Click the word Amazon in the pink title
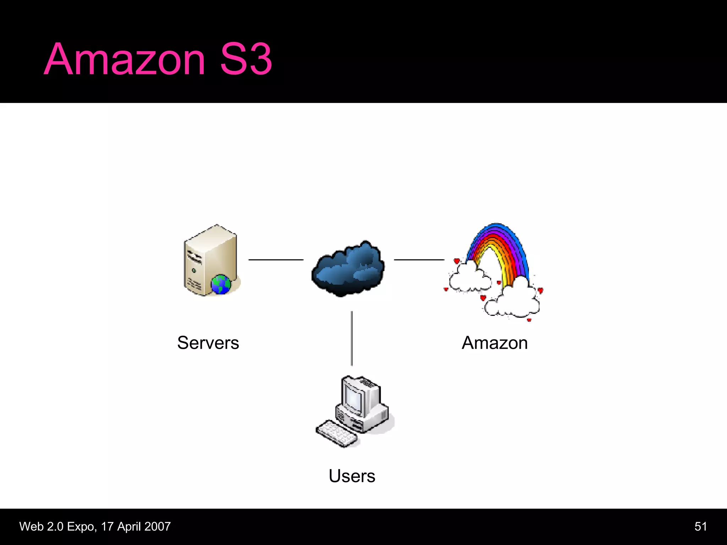[x=124, y=60]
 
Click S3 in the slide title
[x=246, y=60]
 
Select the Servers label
[x=208, y=343]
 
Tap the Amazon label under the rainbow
[x=494, y=343]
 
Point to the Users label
[x=352, y=476]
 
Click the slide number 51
[x=700, y=527]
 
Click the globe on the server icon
[x=221, y=284]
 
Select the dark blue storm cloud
[x=348, y=270]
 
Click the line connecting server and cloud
[x=276, y=260]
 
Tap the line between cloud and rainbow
[x=419, y=260]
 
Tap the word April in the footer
[x=129, y=527]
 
